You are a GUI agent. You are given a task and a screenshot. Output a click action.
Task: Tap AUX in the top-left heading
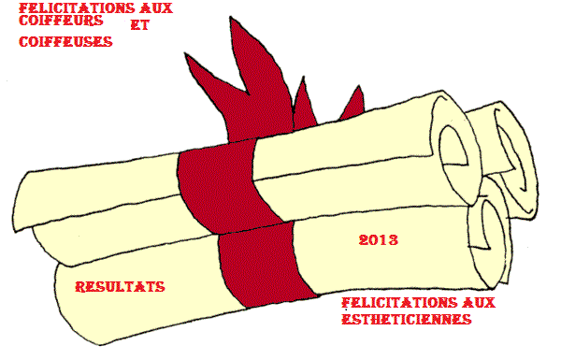pos(156,8)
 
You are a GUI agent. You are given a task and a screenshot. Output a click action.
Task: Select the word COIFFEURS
pos(61,21)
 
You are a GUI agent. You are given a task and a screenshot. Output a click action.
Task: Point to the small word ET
pos(140,25)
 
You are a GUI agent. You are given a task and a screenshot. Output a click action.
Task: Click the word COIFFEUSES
pos(65,42)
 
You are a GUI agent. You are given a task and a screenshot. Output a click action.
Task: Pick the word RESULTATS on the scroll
pos(121,287)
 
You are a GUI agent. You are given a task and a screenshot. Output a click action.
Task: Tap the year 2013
pos(379,239)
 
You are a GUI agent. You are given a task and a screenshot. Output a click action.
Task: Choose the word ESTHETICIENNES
pos(407,319)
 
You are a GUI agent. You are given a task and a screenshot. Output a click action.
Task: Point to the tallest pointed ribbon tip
pos(231,18)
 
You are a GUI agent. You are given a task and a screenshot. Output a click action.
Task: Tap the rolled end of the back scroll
pos(515,157)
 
